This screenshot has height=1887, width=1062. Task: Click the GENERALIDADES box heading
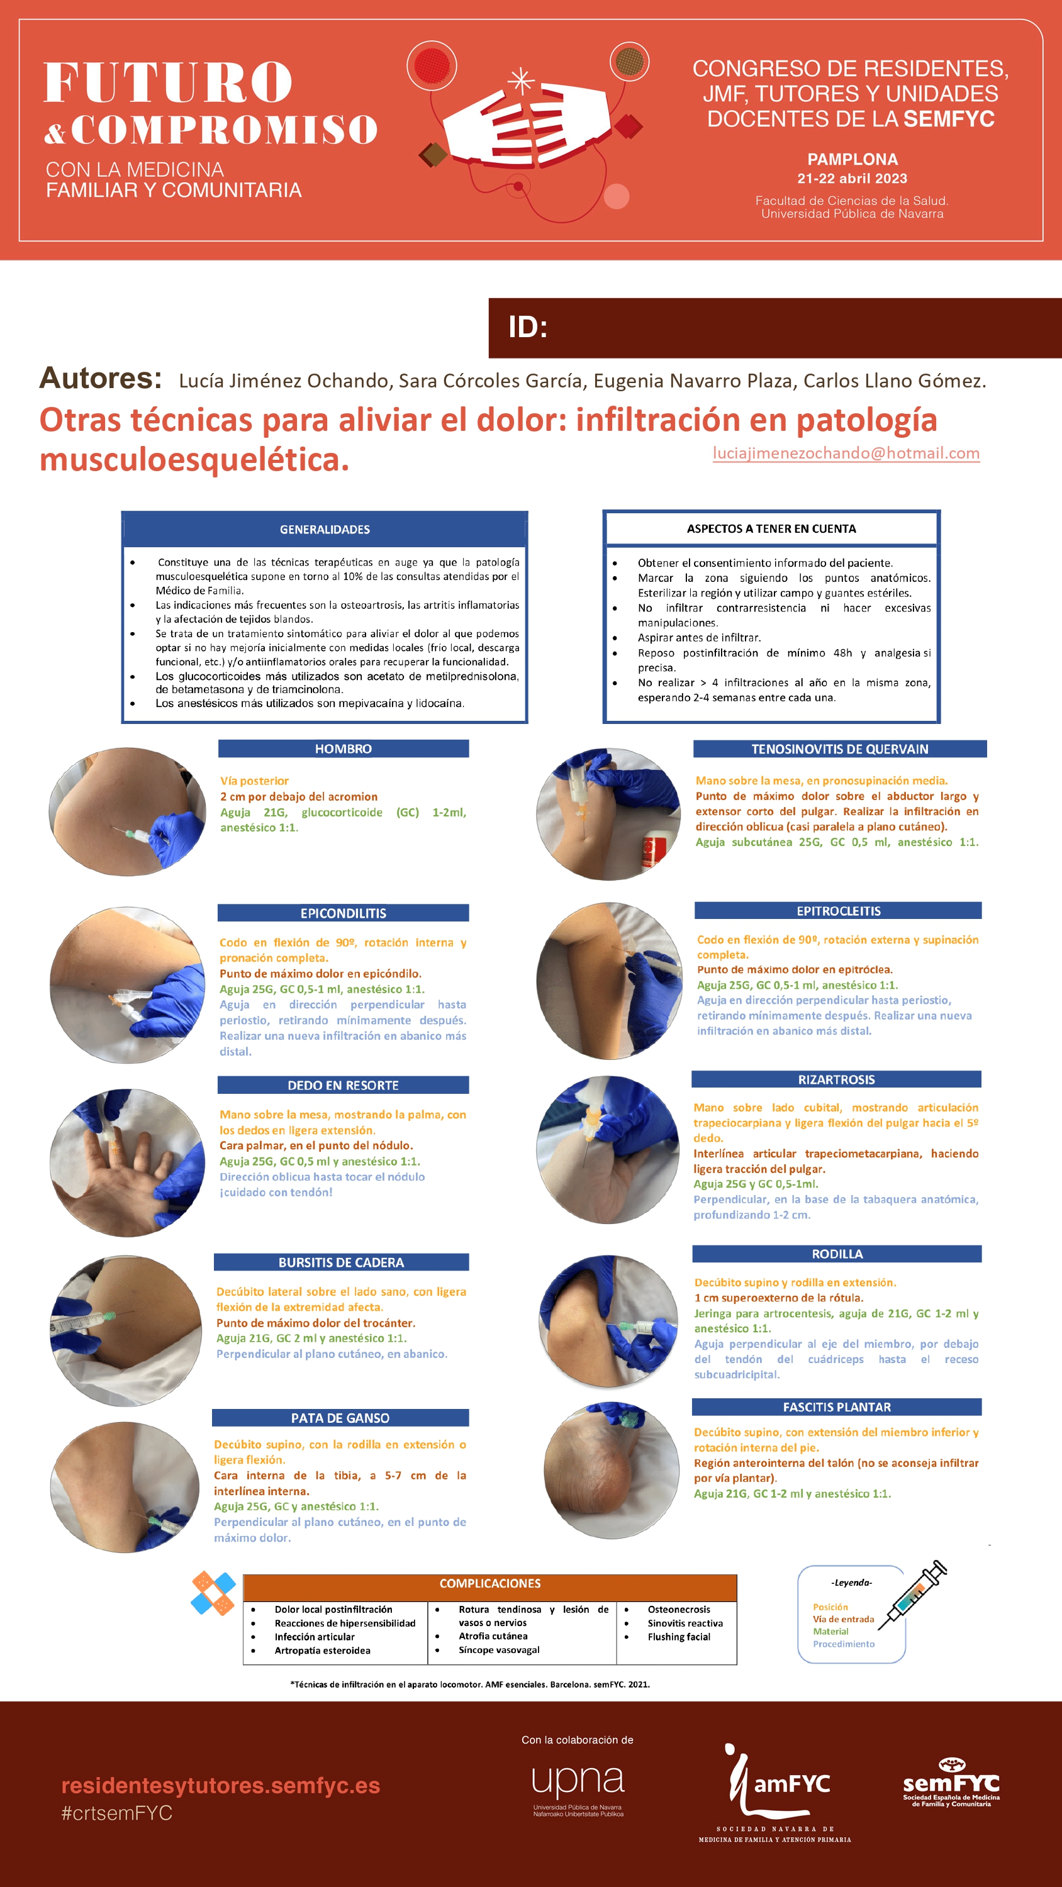tap(325, 529)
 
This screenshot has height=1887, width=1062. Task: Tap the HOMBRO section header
tap(343, 749)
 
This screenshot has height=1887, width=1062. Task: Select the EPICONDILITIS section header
tap(343, 913)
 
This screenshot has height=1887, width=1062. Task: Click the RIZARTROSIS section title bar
tap(836, 1079)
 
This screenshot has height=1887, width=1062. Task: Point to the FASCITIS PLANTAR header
tap(837, 1406)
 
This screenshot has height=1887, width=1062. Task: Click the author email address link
tap(846, 453)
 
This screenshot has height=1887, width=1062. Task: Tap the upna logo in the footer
tap(578, 1788)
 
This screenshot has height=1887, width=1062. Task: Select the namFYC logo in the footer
tap(774, 1793)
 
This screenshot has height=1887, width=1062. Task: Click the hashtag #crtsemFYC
tap(117, 1813)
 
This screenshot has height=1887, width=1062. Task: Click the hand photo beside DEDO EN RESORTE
tap(127, 1162)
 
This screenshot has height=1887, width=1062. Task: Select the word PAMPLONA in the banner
tap(852, 159)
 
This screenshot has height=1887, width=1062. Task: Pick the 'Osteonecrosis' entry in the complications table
tap(679, 1610)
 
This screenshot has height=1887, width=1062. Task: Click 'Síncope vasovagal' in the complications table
tap(499, 1650)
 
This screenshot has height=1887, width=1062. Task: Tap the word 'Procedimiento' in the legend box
tap(844, 1644)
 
